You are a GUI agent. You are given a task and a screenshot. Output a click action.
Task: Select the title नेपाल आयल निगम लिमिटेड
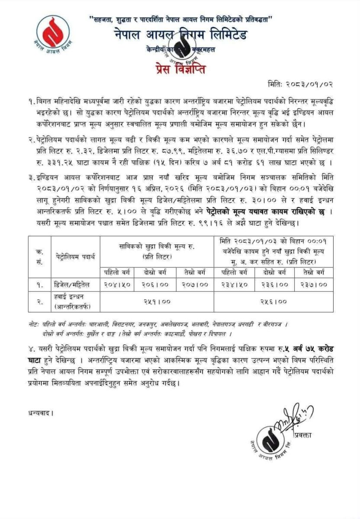(180, 34)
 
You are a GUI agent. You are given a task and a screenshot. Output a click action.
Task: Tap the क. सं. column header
(39, 257)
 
